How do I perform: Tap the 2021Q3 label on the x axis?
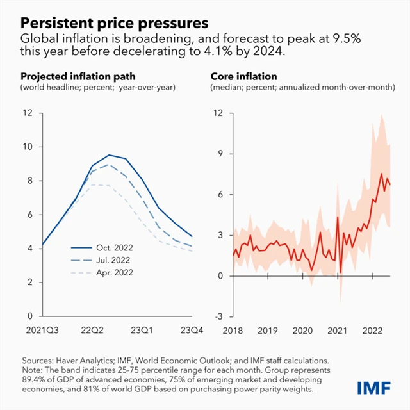click(42, 331)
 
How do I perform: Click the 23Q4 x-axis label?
click(193, 331)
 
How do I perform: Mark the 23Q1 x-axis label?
click(142, 331)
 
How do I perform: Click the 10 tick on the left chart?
click(26, 147)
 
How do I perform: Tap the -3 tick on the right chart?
click(218, 316)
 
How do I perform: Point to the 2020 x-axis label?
click(302, 331)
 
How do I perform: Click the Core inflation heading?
click(242, 76)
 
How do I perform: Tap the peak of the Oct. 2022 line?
click(110, 155)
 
